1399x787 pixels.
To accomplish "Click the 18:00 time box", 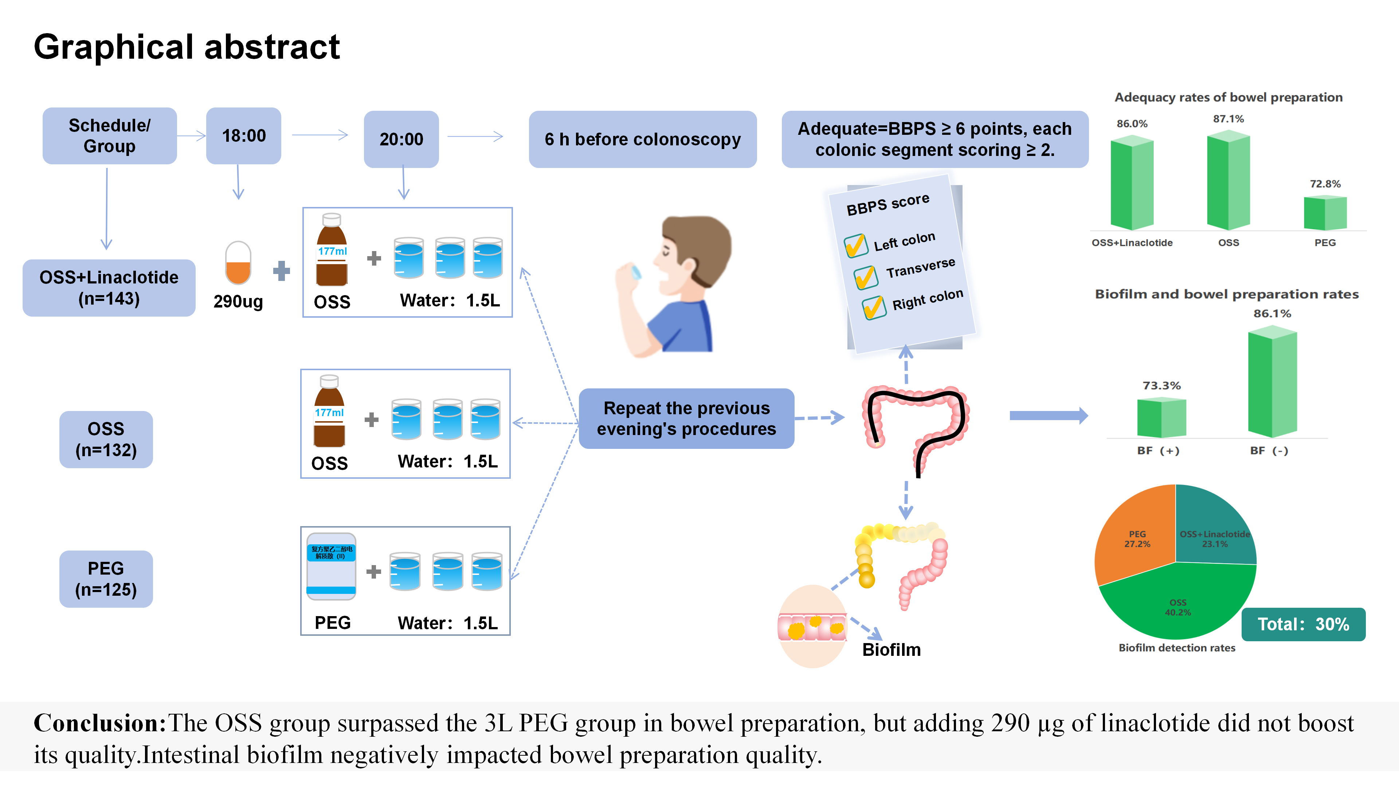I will pos(243,136).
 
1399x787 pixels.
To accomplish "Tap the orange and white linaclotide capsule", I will pos(238,263).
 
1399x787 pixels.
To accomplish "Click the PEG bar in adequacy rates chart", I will pos(1325,214).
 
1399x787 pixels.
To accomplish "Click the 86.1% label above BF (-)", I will pos(1272,313).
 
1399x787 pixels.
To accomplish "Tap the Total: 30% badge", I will pos(1303,624).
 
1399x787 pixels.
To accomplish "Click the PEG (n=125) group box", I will pos(106,579).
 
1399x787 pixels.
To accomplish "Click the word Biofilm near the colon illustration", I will pos(891,650).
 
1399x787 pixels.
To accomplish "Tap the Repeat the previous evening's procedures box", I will pos(686,418).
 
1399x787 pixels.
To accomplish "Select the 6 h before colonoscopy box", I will pos(642,139).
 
